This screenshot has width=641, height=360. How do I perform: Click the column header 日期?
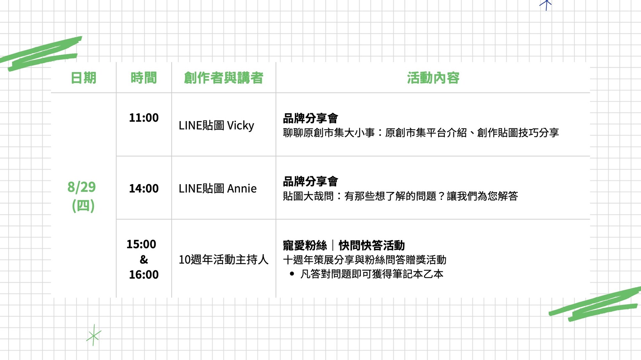[x=83, y=78]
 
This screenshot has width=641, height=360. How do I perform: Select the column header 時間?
[x=144, y=78]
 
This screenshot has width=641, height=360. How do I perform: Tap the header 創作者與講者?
[x=223, y=78]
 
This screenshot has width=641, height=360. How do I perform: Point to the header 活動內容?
[x=433, y=78]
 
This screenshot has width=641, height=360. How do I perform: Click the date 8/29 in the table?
[x=81, y=187]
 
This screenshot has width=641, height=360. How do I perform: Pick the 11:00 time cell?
[x=144, y=118]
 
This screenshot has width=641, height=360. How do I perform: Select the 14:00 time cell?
[x=144, y=189]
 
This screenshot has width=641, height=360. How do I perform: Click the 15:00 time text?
[x=141, y=244]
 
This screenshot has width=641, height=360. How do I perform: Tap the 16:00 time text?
[x=144, y=275]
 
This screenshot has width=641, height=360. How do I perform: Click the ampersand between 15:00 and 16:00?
[x=144, y=260]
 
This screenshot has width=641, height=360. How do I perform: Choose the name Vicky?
[x=240, y=125]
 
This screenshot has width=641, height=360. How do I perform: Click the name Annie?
[x=242, y=189]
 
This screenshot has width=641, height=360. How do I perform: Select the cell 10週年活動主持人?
[x=223, y=260]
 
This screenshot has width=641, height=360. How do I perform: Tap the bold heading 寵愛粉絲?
[x=305, y=246]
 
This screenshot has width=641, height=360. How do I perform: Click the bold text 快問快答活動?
[x=372, y=246]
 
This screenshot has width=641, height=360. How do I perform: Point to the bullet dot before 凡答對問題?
[x=292, y=274]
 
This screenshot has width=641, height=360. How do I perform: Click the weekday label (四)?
[x=83, y=206]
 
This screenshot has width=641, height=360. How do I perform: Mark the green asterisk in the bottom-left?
[x=93, y=335]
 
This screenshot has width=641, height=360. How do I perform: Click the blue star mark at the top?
[x=546, y=4]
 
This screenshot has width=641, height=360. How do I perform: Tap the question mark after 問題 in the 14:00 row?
[x=441, y=196]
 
